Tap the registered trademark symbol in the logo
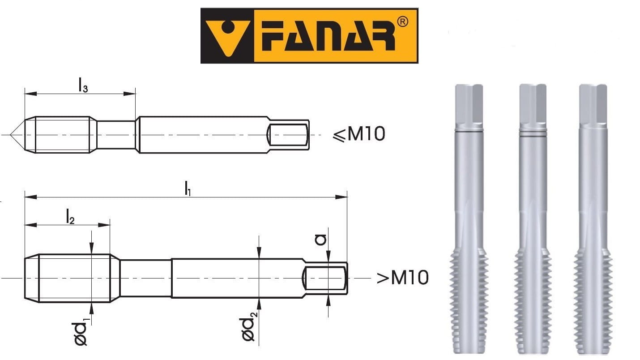(402, 22)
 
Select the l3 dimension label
(83, 85)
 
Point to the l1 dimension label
(188, 188)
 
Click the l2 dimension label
(70, 216)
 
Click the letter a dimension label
(320, 240)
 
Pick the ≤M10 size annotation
(359, 134)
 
